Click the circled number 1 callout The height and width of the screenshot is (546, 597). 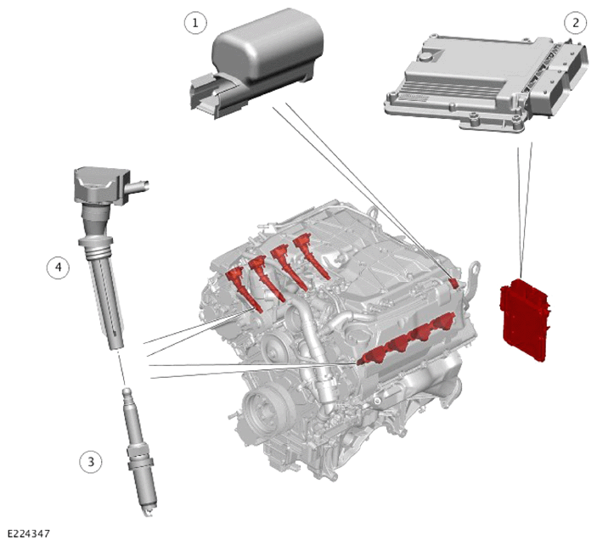point(195,23)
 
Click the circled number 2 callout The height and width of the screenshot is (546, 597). point(575,23)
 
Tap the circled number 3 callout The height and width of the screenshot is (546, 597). point(91,462)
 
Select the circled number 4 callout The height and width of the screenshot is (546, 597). point(59,267)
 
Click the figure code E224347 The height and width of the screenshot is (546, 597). point(29,533)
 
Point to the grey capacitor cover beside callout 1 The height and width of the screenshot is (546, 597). point(256,63)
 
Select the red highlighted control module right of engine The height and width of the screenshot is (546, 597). point(525,320)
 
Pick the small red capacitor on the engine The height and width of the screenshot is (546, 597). point(453,283)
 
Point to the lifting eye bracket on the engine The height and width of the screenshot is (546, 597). point(472,278)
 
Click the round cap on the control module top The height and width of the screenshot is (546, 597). point(425,58)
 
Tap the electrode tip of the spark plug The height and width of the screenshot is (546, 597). point(149,513)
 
